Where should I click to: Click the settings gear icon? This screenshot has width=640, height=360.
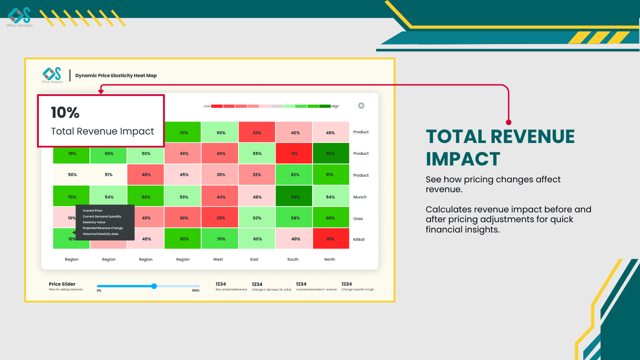click(361, 105)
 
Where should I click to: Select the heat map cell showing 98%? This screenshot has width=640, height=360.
click(330, 153)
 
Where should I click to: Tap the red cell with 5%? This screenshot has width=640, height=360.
click(294, 153)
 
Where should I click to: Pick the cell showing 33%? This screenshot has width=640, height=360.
click(257, 133)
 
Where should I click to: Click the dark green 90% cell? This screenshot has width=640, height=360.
click(294, 197)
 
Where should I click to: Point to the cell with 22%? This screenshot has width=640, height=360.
click(257, 175)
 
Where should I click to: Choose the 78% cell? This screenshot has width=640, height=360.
click(72, 153)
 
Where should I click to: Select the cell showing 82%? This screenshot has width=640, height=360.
click(294, 175)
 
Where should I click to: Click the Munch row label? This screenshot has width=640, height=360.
click(360, 197)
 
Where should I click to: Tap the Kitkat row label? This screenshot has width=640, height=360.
click(359, 240)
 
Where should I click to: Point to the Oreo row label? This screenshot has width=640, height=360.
click(358, 219)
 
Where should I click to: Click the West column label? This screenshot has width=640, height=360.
click(218, 259)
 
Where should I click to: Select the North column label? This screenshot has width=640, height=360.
click(330, 259)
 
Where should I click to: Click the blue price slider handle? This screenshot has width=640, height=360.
click(154, 286)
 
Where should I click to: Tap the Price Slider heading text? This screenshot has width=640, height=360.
click(62, 284)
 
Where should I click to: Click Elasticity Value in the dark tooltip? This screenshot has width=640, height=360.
click(94, 222)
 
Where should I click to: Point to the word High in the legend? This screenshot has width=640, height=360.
click(335, 106)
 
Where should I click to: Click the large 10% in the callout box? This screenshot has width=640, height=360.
click(65, 112)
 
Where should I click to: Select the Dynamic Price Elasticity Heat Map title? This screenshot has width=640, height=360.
click(116, 75)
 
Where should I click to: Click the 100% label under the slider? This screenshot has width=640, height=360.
click(195, 291)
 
